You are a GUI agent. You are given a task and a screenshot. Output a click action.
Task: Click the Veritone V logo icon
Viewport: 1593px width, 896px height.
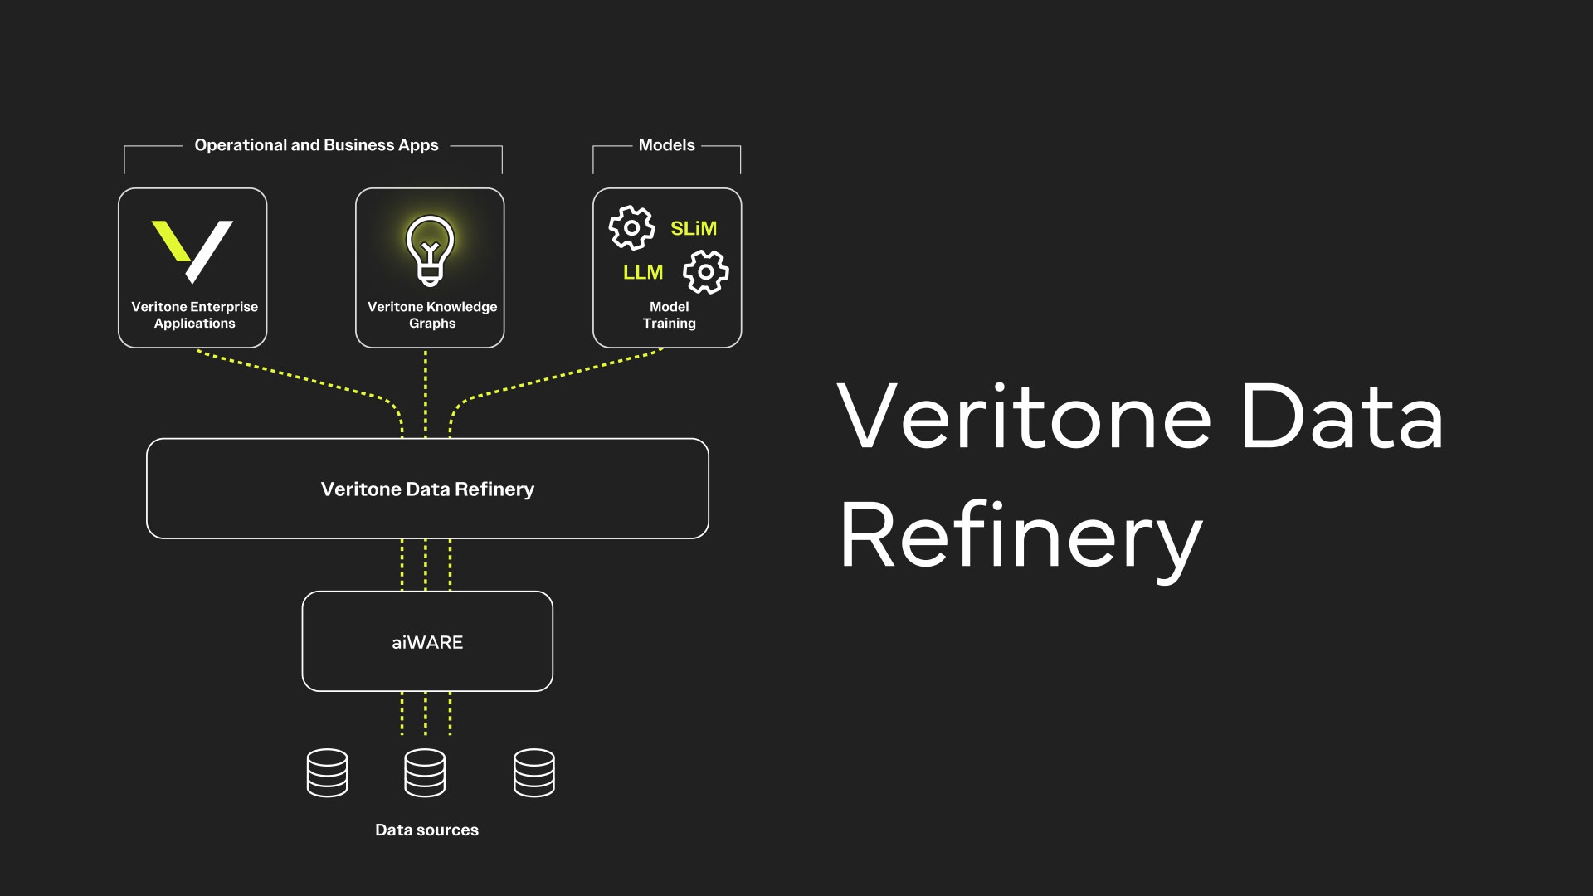coord(192,251)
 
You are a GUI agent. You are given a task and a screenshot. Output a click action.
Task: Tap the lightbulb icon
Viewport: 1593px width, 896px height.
coord(430,250)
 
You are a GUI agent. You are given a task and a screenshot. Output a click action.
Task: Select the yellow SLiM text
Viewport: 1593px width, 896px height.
coord(694,228)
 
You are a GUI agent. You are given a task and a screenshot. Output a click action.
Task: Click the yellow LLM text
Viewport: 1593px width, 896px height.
coord(643,272)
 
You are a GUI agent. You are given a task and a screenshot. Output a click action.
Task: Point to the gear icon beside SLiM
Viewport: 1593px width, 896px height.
coord(631,227)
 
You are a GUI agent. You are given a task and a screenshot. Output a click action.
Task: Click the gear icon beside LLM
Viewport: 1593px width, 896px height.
coord(705,271)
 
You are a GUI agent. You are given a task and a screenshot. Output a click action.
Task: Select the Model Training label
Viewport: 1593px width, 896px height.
coord(670,315)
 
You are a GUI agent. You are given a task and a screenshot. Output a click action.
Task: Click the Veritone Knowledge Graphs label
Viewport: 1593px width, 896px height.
coord(432,315)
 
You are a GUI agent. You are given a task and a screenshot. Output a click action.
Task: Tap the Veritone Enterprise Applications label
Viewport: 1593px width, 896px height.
coord(195,315)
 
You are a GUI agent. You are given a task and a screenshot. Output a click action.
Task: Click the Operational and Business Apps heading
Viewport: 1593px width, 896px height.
coord(316,145)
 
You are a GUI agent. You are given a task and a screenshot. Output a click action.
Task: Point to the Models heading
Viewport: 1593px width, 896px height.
coord(666,145)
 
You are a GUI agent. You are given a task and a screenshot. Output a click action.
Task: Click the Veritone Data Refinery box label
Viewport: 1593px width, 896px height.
coord(427,489)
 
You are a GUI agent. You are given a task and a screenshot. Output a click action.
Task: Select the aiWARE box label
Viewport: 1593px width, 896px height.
coord(427,642)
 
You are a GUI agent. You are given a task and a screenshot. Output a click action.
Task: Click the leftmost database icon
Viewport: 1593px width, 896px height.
coord(327,772)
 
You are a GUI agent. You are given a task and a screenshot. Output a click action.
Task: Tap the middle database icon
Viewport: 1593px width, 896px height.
coord(425,772)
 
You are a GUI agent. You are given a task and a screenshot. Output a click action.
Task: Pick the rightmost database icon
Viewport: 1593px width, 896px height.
coord(533,772)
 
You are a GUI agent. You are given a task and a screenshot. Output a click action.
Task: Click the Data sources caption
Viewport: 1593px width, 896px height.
coord(426,830)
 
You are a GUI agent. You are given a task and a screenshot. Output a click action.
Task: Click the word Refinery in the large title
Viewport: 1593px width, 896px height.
coord(1021,537)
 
